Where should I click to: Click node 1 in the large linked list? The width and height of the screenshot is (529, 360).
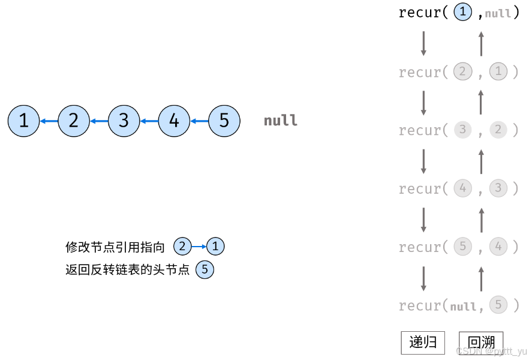point(23,121)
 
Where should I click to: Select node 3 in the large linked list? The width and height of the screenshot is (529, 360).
point(124,121)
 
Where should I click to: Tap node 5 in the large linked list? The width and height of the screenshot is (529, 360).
point(224,121)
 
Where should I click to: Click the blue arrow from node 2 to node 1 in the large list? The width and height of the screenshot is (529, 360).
point(49,121)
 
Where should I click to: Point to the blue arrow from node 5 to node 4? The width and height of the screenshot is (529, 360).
point(199,121)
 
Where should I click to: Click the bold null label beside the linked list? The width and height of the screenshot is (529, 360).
point(281,121)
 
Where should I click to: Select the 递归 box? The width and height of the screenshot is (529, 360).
point(423,343)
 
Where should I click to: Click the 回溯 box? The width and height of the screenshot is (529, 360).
point(480,343)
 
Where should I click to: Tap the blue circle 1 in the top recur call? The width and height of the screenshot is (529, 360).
point(463,13)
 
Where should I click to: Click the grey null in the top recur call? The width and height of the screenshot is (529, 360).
point(498,14)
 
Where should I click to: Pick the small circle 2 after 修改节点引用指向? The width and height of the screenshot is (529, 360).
point(182,246)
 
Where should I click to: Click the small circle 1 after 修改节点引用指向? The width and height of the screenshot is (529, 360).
point(215,246)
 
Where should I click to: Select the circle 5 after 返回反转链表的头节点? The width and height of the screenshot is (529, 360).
point(205,270)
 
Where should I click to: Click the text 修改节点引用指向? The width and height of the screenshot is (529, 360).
point(115,247)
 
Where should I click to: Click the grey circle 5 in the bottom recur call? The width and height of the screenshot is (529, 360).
point(498,305)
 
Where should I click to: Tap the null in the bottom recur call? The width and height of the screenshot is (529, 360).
point(463,307)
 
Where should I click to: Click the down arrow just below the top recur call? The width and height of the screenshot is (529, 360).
point(423,43)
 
